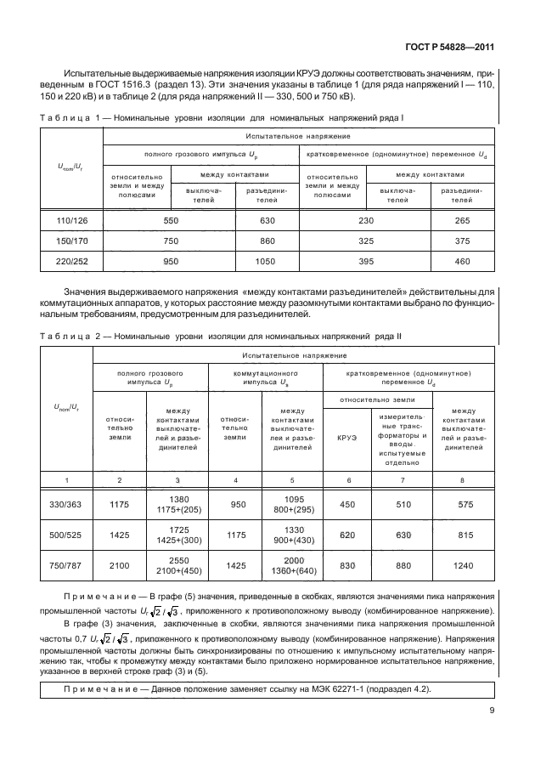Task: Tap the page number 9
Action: point(492,713)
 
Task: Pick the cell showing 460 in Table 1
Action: point(462,262)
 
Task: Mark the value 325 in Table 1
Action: point(366,241)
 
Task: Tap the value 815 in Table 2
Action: point(464,536)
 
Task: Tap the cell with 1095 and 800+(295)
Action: point(292,504)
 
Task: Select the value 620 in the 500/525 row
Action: point(346,536)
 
